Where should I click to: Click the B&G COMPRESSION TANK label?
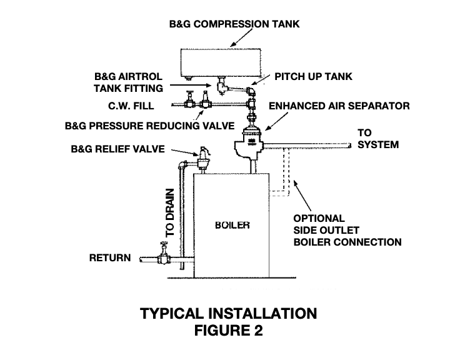pyautogui.click(x=234, y=24)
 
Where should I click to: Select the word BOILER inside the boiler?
pyautogui.click(x=232, y=225)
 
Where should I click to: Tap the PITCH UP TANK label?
pyautogui.click(x=313, y=77)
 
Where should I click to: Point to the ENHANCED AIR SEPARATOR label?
pyautogui.click(x=339, y=106)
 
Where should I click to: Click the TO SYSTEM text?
pyautogui.click(x=378, y=139)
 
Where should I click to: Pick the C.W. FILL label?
pyautogui.click(x=131, y=106)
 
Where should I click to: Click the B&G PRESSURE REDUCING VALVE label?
pyautogui.click(x=149, y=126)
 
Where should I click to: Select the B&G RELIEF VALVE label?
pyautogui.click(x=117, y=149)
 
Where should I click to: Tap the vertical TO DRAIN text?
pyautogui.click(x=170, y=212)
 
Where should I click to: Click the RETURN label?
pyautogui.click(x=110, y=257)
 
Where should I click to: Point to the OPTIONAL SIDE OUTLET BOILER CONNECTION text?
pyautogui.click(x=347, y=230)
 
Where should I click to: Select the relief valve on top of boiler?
pyautogui.click(x=203, y=157)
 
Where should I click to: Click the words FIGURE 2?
pyautogui.click(x=228, y=331)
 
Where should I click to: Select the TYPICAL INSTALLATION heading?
pyautogui.click(x=228, y=314)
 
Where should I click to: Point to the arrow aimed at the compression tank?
pyautogui.click(x=241, y=37)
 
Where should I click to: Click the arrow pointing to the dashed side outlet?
pyautogui.click(x=302, y=196)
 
